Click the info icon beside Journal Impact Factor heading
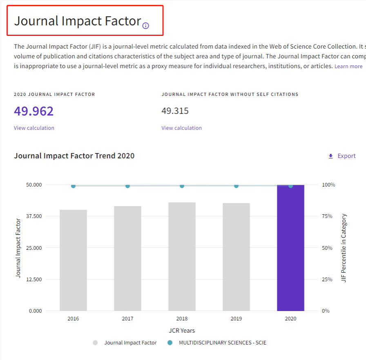tap(146, 26)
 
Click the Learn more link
tap(348, 66)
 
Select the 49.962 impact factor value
tap(34, 111)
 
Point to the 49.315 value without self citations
tap(175, 111)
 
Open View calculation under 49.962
tap(34, 128)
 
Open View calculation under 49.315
tap(181, 128)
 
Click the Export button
tap(342, 156)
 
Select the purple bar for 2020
tap(290, 248)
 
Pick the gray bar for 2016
tap(73, 260)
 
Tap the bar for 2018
tap(182, 256)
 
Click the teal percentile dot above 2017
tap(127, 186)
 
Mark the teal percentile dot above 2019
tap(236, 186)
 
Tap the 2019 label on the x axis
tap(236, 319)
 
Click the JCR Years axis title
tap(182, 330)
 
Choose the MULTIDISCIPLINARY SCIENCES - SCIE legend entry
tap(222, 343)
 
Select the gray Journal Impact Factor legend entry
tap(130, 343)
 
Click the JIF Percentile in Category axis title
tap(344, 248)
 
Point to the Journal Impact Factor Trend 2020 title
tap(74, 156)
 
